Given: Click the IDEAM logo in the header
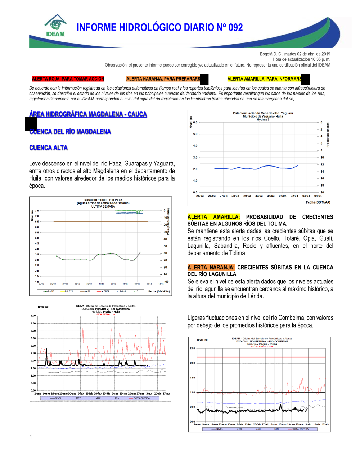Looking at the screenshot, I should tap(55, 26).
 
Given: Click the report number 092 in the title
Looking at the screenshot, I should tap(235, 28).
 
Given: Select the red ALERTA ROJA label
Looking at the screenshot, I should tap(68, 79).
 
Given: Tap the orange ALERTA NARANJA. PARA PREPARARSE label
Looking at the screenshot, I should tap(163, 79).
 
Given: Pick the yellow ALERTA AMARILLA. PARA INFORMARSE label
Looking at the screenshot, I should tap(265, 79).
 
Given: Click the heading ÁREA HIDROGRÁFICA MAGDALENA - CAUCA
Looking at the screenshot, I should tap(88, 114).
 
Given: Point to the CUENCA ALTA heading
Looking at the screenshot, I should tap(49, 148).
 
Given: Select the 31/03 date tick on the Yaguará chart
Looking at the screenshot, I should tap(271, 196).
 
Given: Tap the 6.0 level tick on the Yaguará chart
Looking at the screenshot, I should tap(195, 122).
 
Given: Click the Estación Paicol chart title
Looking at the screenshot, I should tap(103, 200).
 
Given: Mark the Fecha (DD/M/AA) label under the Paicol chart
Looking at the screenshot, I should tap(159, 291).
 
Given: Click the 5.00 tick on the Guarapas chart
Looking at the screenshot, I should tap(33, 316).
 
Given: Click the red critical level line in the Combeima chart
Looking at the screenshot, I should tap(261, 357).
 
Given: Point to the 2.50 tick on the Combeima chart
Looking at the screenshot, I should tap(192, 348).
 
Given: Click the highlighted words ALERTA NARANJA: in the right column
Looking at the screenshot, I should tap(211, 268).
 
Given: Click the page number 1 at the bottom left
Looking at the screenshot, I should tap(31, 437).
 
